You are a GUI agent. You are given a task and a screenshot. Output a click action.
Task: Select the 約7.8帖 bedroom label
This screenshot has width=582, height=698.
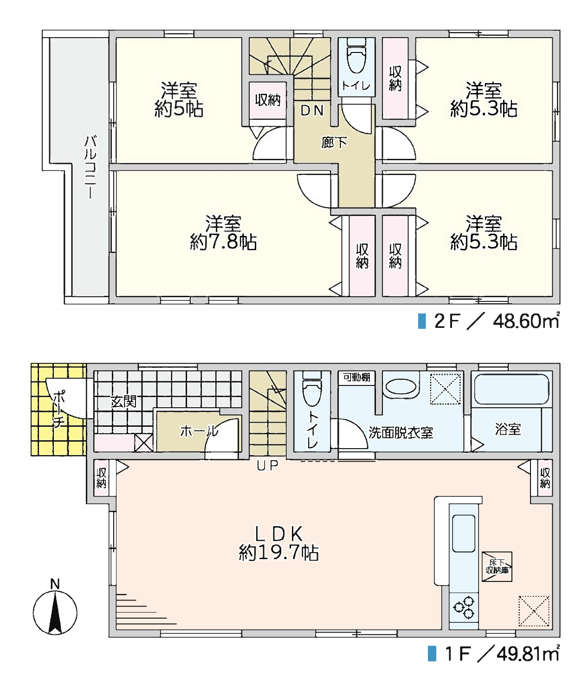(223, 233)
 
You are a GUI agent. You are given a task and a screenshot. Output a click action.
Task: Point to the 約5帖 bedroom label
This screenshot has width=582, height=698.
(179, 100)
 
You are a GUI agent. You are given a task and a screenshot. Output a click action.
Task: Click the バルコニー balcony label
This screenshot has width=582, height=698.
(90, 167)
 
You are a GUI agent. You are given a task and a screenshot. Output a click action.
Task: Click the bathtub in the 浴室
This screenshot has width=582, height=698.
(511, 389)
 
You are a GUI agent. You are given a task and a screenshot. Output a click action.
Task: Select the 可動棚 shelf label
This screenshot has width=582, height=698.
(356, 377)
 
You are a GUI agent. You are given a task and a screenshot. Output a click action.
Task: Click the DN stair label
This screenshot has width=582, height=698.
(312, 111)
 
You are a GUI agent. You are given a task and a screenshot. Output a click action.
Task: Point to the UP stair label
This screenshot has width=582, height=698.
(267, 466)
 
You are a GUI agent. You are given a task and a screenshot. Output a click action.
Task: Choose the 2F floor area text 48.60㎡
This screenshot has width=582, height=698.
(526, 321)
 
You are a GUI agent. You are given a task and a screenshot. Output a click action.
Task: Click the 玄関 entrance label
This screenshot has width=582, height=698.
(123, 401)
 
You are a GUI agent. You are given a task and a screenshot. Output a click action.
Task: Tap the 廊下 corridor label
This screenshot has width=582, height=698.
(334, 143)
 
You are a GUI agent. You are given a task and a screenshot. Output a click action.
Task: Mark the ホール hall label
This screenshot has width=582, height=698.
(199, 431)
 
